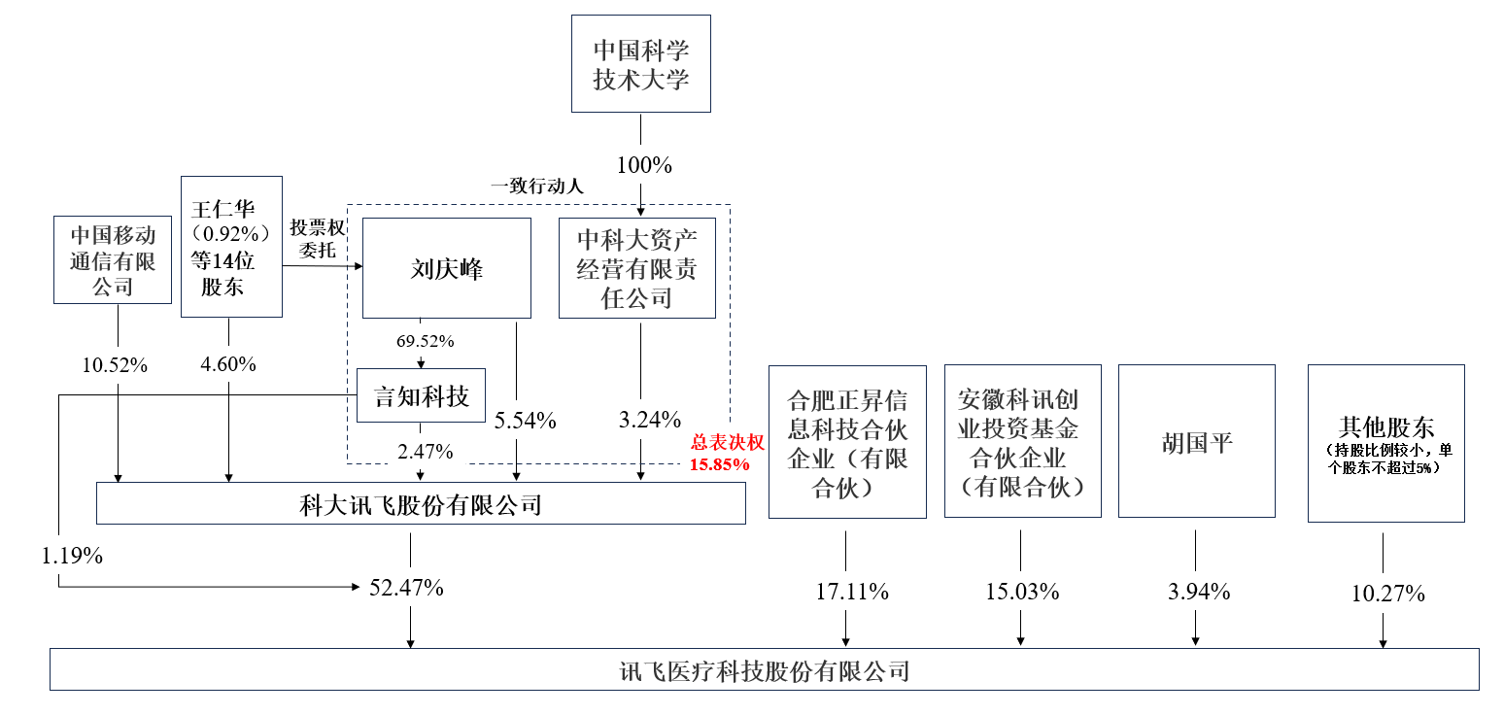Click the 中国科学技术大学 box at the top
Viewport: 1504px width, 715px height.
tap(640, 65)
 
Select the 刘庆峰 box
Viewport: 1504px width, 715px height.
tap(446, 268)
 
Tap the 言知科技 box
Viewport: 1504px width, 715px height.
tap(422, 395)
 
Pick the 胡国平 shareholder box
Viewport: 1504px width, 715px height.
tap(1196, 442)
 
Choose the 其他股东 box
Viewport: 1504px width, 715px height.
tap(1385, 442)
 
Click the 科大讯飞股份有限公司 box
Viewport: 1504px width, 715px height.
tap(421, 504)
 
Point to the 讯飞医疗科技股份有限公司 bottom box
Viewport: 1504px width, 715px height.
tap(764, 670)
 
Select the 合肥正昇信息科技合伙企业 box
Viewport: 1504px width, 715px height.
tap(846, 442)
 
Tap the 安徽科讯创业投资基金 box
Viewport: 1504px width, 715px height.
tap(1022, 442)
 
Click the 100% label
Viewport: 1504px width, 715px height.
tap(640, 165)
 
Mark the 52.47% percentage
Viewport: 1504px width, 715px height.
tap(406, 587)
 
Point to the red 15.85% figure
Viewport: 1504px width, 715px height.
tap(720, 464)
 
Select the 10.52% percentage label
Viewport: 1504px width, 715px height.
tap(117, 365)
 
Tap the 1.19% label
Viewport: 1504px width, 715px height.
tap(72, 557)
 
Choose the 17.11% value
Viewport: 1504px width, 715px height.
tap(846, 591)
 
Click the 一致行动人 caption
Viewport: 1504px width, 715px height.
tap(536, 187)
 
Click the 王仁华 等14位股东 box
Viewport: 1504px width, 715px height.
tap(231, 247)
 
